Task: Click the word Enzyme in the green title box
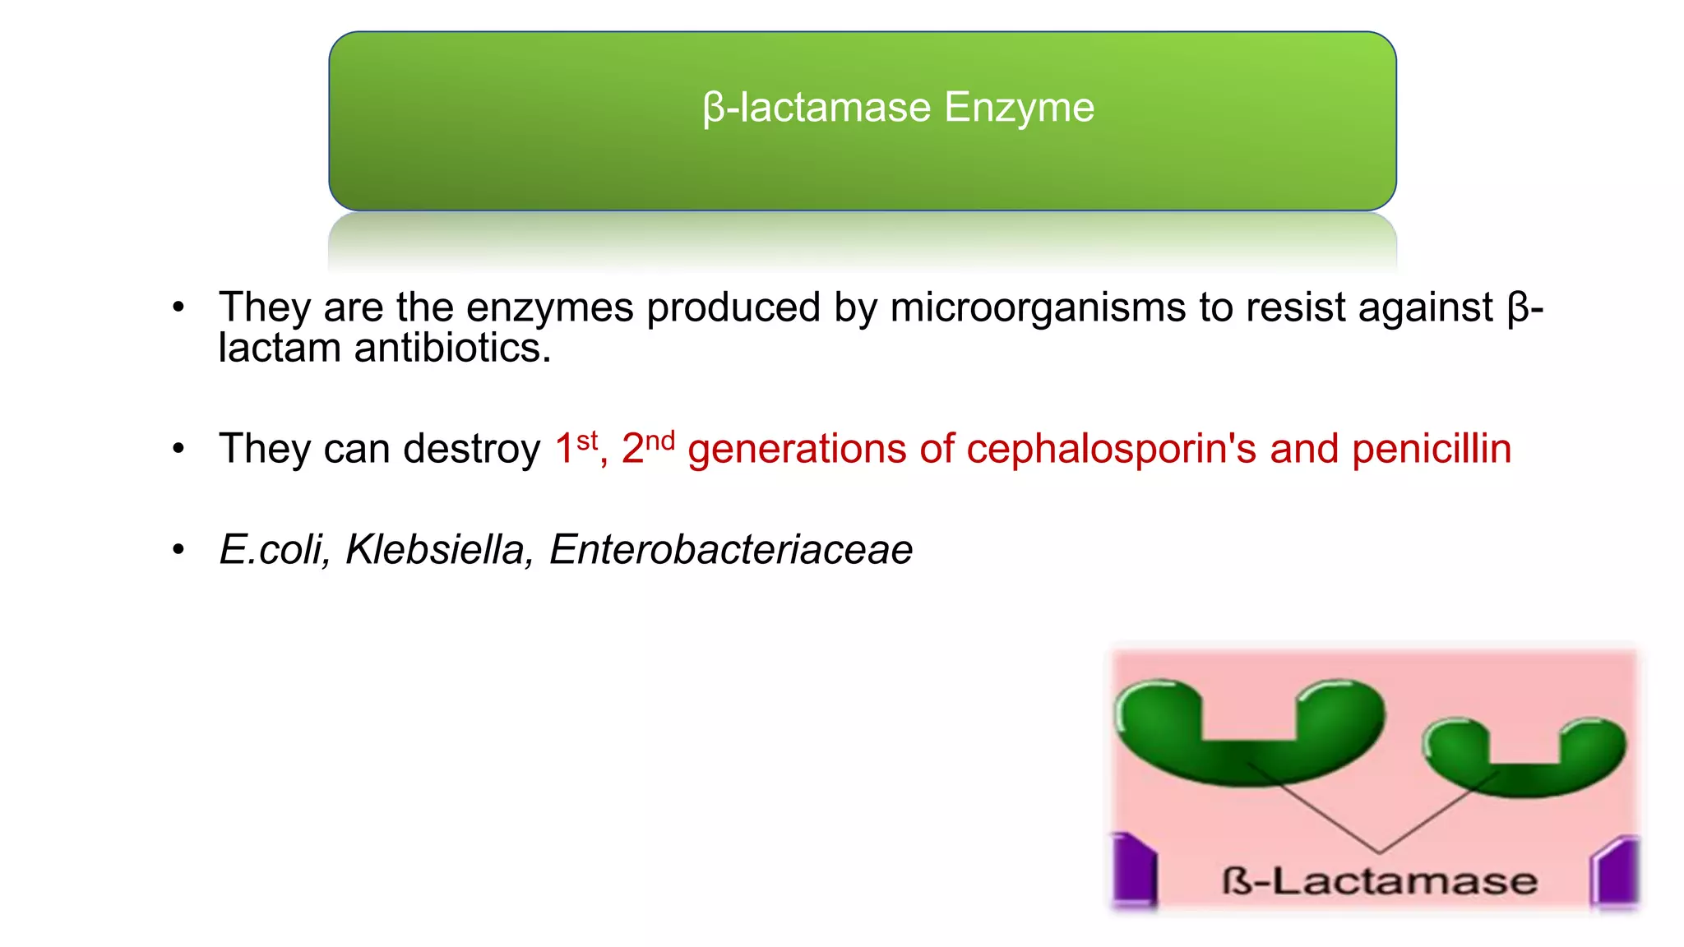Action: click(x=1019, y=108)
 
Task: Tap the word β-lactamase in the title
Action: click(x=817, y=108)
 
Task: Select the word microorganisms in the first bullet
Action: click(x=1038, y=307)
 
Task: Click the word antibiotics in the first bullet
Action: click(x=452, y=348)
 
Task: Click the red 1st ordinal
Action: click(x=576, y=448)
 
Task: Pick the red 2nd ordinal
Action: click(x=648, y=448)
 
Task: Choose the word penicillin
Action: click(x=1432, y=449)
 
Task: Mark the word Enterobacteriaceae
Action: click(x=730, y=549)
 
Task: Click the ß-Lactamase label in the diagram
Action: click(x=1379, y=881)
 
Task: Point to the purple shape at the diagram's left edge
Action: click(x=1135, y=869)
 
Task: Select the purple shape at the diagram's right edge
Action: click(x=1616, y=871)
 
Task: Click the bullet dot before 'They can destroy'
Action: click(x=178, y=449)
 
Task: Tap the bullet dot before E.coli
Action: click(x=178, y=549)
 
